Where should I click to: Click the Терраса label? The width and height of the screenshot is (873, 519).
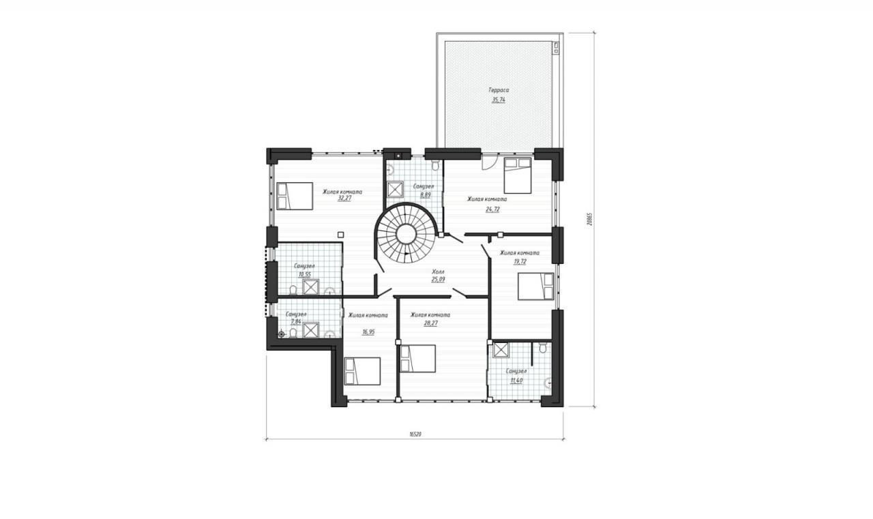click(499, 90)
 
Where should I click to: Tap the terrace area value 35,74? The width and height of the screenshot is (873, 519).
click(499, 100)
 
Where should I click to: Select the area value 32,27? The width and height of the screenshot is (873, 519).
click(344, 198)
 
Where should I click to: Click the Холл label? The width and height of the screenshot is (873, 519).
click(438, 271)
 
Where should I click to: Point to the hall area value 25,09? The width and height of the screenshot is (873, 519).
click(438, 280)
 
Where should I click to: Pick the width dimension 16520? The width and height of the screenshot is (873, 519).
click(415, 434)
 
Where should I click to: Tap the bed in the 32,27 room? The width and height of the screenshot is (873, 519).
click(295, 196)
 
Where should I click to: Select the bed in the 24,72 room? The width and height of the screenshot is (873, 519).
click(518, 175)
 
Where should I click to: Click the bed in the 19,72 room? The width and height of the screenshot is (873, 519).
click(536, 286)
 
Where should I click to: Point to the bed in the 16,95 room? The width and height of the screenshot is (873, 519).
click(362, 371)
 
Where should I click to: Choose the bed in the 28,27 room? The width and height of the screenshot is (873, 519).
click(418, 359)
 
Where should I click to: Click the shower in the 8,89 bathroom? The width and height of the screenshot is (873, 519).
click(395, 190)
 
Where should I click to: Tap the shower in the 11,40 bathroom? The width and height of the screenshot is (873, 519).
click(499, 350)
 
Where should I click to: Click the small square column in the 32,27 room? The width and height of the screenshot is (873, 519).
click(340, 235)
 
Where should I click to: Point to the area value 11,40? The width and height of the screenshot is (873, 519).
click(516, 381)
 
